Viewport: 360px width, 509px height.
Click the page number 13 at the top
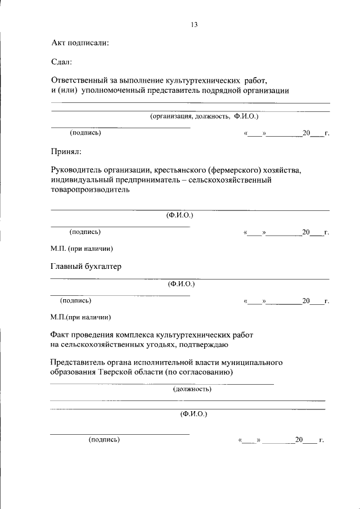pos(194,25)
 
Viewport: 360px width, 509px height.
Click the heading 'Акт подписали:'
pos(79,43)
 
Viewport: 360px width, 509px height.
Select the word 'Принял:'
pos(66,151)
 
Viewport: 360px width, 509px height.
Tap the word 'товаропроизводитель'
pos(90,190)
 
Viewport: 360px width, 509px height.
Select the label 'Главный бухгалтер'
pos(85,266)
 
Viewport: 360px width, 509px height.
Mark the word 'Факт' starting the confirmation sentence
pos(60,334)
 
